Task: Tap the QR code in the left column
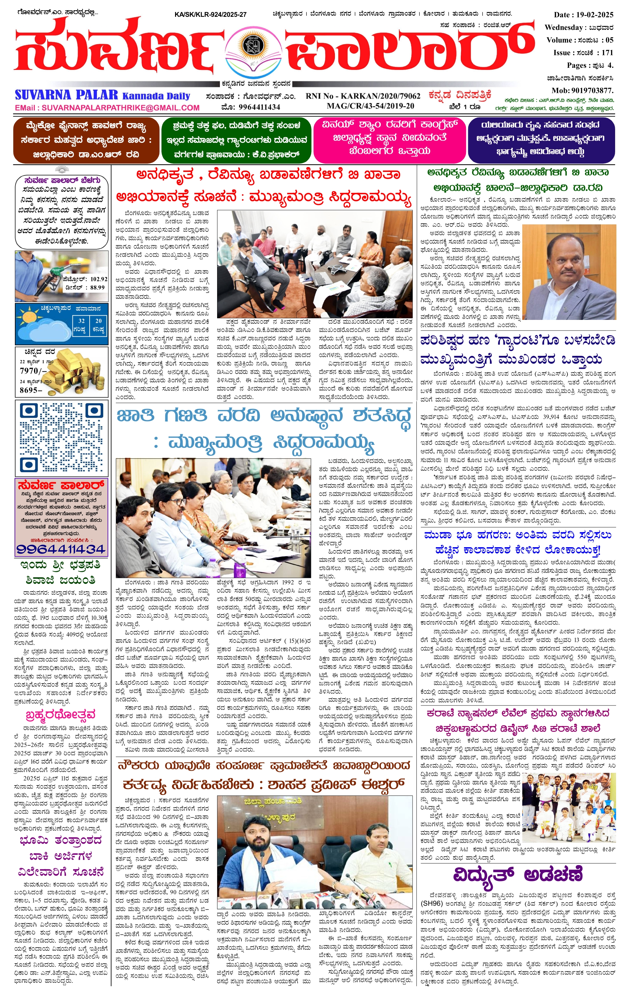coord(61,437)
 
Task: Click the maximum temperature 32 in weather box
coord(81,321)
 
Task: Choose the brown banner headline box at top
coord(86,140)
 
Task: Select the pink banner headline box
coord(389,140)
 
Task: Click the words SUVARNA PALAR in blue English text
coord(66,95)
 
